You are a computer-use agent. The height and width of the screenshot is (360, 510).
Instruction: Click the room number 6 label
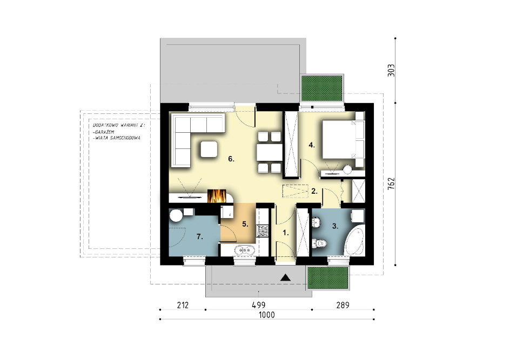click(231, 159)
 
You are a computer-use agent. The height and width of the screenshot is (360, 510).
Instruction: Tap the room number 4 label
click(312, 145)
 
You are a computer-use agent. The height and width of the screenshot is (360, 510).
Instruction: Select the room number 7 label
click(200, 237)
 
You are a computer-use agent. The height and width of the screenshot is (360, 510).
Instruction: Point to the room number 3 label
click(335, 226)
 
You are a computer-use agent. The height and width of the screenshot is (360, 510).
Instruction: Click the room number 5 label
click(245, 224)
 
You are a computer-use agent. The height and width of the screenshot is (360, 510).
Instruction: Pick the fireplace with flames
click(217, 195)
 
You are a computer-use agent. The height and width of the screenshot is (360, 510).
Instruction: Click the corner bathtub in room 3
click(354, 242)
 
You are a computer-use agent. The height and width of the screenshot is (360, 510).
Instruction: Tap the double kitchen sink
click(245, 250)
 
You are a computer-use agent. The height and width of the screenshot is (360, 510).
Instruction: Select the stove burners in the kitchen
click(263, 230)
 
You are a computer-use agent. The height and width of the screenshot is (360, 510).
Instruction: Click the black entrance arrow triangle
click(286, 277)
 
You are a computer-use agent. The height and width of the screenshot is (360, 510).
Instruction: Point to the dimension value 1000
click(267, 315)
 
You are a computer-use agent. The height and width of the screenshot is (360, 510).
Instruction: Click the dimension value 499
click(259, 305)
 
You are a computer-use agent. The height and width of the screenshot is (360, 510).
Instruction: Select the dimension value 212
click(183, 305)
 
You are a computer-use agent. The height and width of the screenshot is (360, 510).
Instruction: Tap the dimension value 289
click(343, 305)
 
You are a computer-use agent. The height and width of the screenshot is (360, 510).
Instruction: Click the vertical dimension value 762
click(391, 184)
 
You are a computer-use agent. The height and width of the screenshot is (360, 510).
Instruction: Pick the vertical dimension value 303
click(391, 71)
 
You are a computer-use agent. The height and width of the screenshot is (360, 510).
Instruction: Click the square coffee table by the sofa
click(209, 150)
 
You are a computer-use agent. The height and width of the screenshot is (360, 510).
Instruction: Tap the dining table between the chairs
click(269, 152)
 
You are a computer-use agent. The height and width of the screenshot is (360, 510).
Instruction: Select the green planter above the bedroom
click(323, 88)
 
